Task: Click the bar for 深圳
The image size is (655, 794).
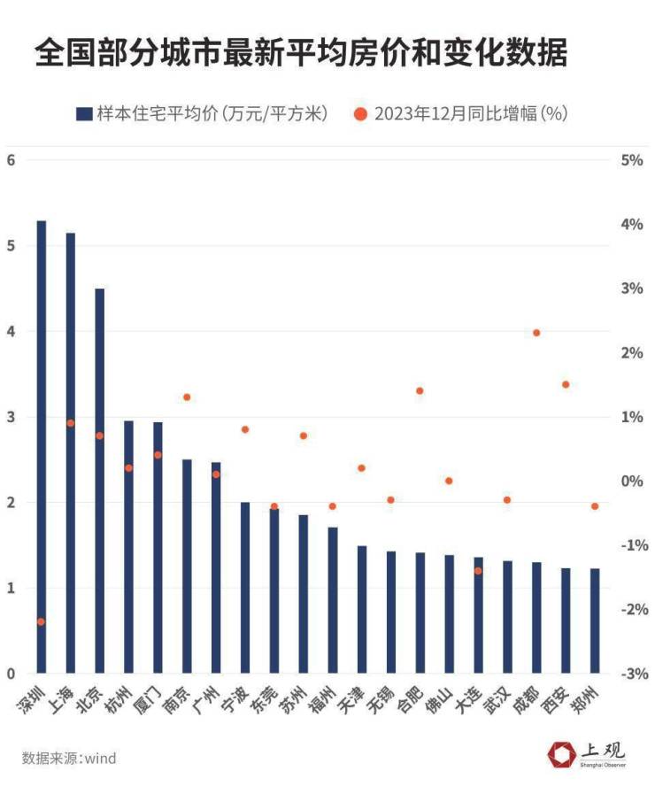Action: pos(41,447)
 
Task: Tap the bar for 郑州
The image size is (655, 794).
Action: pos(595,621)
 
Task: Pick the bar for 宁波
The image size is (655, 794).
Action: pos(245,588)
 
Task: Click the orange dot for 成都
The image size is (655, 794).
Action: pos(536,333)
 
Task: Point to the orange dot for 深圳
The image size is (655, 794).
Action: pos(41,621)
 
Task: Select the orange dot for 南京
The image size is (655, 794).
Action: pos(187,397)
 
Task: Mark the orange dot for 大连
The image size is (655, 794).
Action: pos(478,571)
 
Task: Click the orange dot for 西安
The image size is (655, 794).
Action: pos(566,384)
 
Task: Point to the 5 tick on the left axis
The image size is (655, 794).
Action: pos(12,246)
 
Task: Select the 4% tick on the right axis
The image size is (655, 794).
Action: pos(630,225)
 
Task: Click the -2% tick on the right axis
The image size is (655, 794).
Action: pos(630,610)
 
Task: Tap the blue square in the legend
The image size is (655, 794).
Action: pos(84,114)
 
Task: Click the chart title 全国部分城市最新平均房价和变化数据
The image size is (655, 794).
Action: pos(301,55)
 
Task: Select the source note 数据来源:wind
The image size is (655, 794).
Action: pos(69,759)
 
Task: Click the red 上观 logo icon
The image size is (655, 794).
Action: pos(562,754)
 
